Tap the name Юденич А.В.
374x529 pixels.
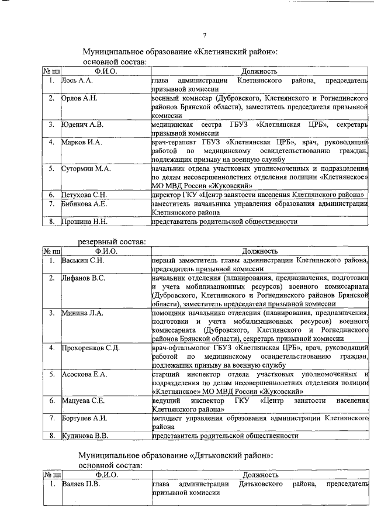coord(82,124)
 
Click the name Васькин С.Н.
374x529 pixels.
coord(82,260)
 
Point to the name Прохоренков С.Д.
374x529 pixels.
coord(91,348)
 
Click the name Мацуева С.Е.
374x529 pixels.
coord(83,401)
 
